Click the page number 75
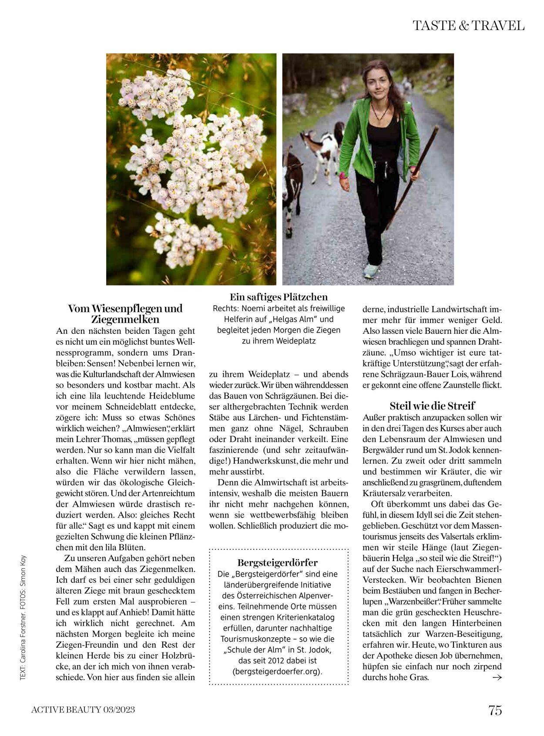click(x=495, y=710)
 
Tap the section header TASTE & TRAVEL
click(x=468, y=26)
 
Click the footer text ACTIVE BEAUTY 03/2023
click(x=83, y=710)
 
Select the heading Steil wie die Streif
click(x=432, y=406)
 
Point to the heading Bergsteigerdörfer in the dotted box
click(x=278, y=562)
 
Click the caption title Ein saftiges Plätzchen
click(x=279, y=297)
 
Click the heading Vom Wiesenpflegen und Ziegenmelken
click(x=125, y=314)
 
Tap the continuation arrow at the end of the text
click(x=497, y=677)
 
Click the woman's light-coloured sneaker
click(x=371, y=270)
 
